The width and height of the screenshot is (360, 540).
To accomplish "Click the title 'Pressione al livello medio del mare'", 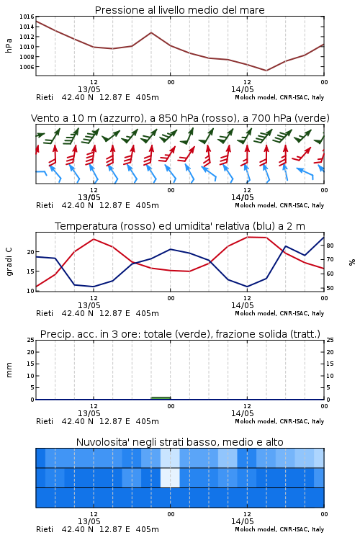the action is (179, 10).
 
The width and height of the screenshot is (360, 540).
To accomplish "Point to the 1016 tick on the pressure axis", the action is (27, 17).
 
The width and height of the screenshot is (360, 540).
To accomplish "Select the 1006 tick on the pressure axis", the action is (27, 67).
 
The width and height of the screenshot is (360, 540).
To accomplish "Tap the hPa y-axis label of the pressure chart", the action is (9, 45).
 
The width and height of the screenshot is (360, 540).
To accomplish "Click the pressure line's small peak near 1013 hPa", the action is (151, 32).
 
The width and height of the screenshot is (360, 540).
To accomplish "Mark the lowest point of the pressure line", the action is (266, 71).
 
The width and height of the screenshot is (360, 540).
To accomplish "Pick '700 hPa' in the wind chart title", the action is (262, 118).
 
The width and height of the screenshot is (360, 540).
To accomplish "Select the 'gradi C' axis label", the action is (9, 261).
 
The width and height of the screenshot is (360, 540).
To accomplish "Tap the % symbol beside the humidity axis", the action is (352, 262).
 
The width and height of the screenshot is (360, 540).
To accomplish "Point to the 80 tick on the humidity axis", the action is (330, 246).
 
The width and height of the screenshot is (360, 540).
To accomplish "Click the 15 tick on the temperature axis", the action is (31, 271).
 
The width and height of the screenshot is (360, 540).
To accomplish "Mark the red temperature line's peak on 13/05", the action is (94, 239).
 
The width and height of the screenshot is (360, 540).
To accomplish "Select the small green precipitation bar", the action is (161, 398).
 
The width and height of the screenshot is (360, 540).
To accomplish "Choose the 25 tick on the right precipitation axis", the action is (330, 340).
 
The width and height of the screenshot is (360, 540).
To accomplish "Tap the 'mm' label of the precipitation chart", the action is (9, 370).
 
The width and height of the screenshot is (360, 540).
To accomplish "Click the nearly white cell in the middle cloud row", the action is (170, 477).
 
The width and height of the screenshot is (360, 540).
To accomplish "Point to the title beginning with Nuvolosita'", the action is (179, 442).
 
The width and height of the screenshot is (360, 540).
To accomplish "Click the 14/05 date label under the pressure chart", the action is (242, 89).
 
